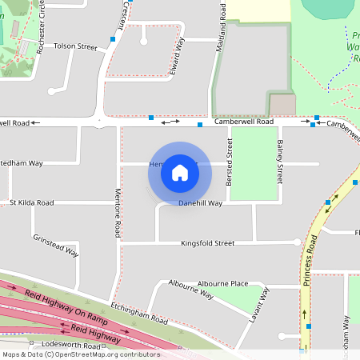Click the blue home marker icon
tap(180, 172)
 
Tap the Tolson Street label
tap(74, 47)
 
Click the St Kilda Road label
tap(31, 203)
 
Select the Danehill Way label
tap(200, 203)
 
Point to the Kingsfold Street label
tap(206, 242)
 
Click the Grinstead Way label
tap(55, 246)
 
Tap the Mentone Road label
tap(118, 213)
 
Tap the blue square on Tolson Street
tap(114, 38)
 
